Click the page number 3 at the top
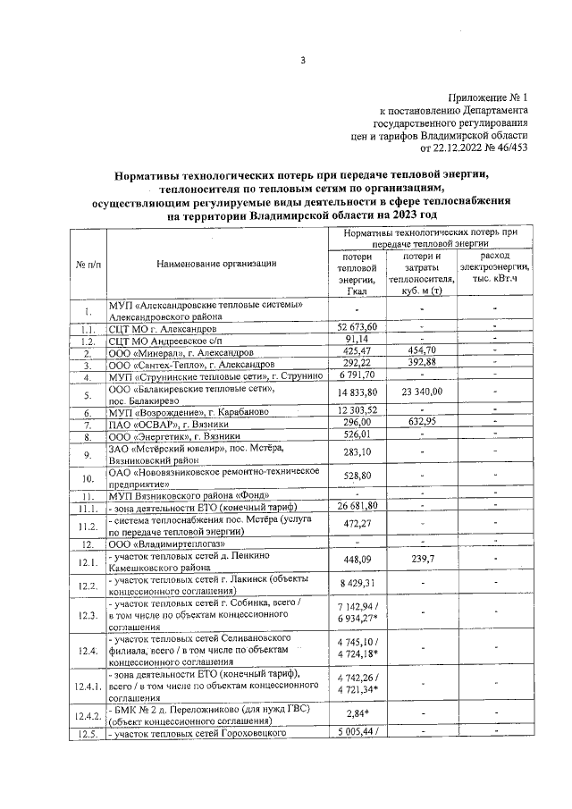click(303, 60)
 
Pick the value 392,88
click(420, 365)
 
